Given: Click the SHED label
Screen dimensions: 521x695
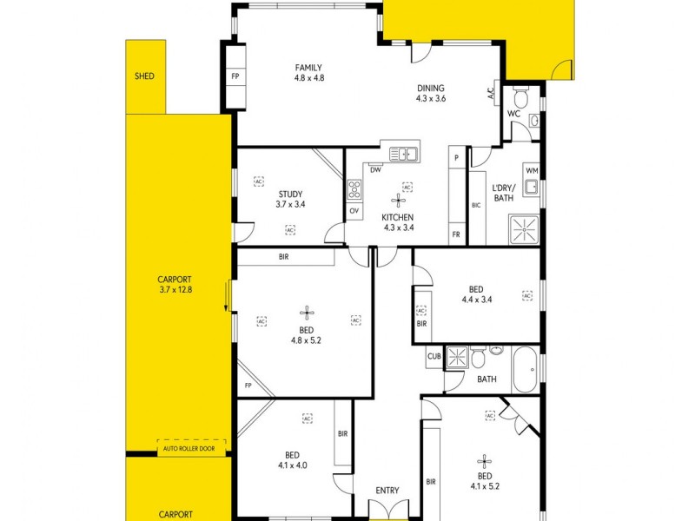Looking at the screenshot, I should [144, 76].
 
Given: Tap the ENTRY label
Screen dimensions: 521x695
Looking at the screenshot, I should [387, 491].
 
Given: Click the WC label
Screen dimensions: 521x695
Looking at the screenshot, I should [513, 114].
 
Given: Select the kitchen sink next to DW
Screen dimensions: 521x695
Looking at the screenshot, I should [403, 154].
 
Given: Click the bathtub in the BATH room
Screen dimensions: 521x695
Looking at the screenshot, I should [525, 369].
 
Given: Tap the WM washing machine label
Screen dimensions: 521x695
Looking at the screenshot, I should [532, 170].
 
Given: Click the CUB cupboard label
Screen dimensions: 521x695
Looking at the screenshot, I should [434, 356].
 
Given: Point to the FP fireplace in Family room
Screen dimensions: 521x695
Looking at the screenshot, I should [235, 76].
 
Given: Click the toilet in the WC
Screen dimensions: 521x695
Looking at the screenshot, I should [520, 95].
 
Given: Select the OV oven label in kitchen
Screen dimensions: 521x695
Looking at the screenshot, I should [354, 210].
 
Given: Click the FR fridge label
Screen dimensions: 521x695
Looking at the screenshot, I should [455, 234].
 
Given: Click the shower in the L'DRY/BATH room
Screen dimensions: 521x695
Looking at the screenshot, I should [525, 228].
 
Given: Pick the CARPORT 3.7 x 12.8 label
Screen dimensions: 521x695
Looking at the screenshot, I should [175, 284].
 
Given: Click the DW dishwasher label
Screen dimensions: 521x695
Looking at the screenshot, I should [375, 170].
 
